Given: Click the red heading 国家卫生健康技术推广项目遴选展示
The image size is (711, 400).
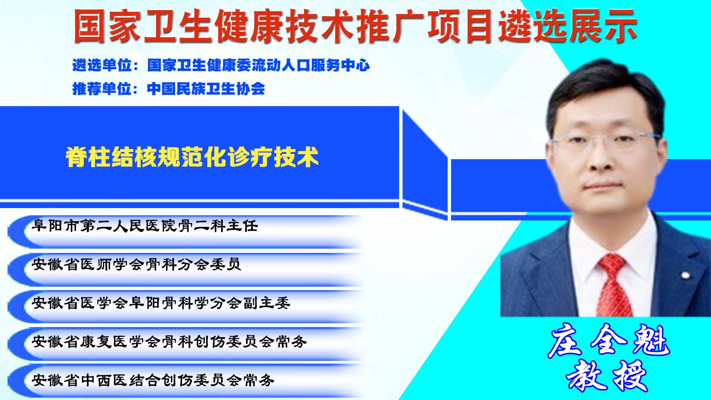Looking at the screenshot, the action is (355, 26).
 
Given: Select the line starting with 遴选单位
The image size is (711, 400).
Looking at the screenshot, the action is (221, 65).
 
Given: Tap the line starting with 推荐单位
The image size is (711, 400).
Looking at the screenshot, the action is (169, 89).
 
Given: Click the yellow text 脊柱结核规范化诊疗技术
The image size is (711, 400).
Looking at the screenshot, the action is (192, 157).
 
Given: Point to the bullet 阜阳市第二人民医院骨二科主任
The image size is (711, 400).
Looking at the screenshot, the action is (145, 226).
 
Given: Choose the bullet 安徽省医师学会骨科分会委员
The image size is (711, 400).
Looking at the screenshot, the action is (137, 264).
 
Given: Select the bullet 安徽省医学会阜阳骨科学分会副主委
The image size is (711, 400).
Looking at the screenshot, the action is (161, 303).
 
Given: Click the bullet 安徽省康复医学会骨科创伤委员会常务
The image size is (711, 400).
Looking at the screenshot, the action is (169, 342).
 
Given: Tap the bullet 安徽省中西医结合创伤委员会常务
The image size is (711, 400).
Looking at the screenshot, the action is (153, 380).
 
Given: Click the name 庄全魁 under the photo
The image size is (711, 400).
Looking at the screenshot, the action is (609, 341).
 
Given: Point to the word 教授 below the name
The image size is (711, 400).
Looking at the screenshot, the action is (606, 376).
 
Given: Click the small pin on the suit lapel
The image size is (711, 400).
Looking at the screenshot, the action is (686, 276).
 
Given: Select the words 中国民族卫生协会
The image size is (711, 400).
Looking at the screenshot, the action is (206, 89).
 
